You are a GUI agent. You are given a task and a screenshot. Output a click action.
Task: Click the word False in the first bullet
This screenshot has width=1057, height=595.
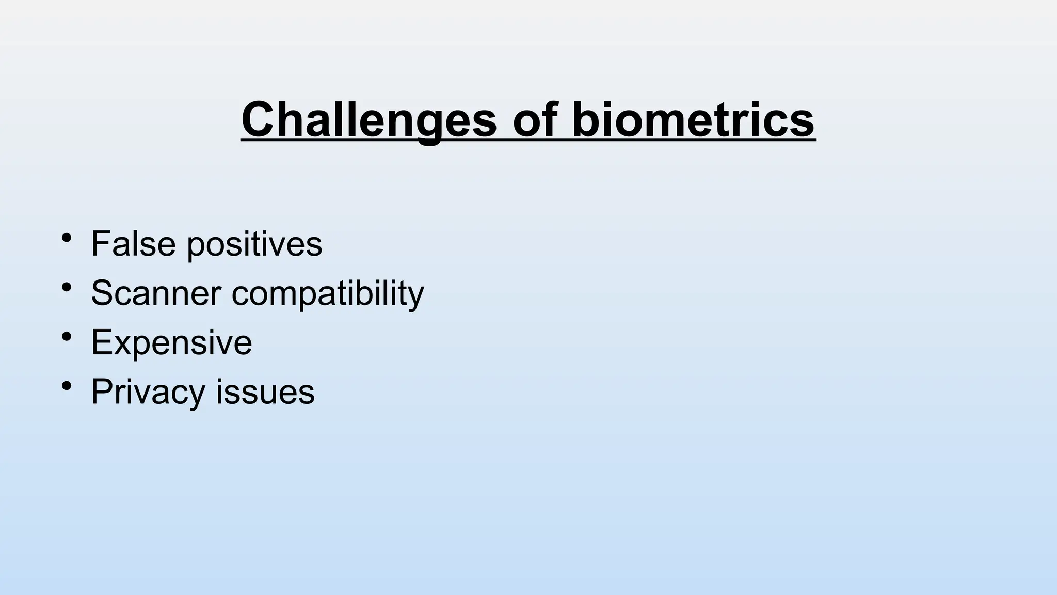point(133,243)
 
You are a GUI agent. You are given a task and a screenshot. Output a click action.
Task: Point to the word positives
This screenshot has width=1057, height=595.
point(254,245)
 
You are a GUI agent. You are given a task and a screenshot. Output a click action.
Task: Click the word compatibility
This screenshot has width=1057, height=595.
point(328,294)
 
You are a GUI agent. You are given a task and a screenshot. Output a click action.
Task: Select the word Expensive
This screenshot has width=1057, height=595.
point(171,342)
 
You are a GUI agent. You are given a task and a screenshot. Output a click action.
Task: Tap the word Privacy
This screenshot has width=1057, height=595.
point(148,392)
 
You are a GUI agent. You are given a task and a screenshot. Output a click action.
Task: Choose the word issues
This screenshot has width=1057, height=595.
point(265,392)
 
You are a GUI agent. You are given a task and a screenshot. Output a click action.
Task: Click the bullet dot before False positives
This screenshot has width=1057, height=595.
point(66,238)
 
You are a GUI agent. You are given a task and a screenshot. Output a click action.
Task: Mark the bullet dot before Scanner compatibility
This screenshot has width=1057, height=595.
point(66,287)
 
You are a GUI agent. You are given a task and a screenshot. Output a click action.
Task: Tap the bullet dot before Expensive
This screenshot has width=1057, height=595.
point(66,337)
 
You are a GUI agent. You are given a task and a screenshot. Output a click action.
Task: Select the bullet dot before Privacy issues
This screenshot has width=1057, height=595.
point(66,386)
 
